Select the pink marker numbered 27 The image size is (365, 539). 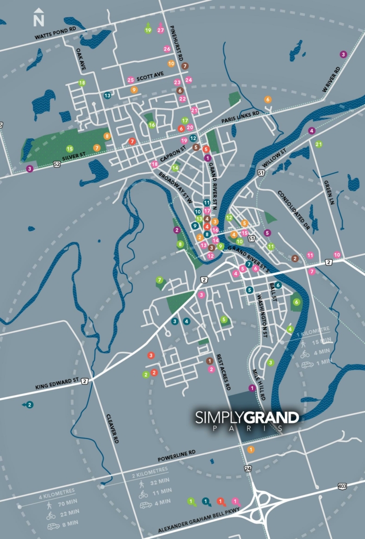coord(161,29)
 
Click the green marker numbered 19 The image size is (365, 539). coord(148,29)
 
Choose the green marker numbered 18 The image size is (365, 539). coord(82,83)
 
